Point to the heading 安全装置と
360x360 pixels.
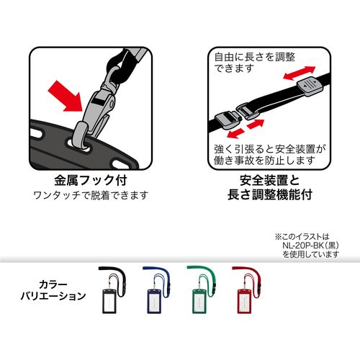(x=267, y=180)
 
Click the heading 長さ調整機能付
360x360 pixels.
(x=267, y=194)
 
